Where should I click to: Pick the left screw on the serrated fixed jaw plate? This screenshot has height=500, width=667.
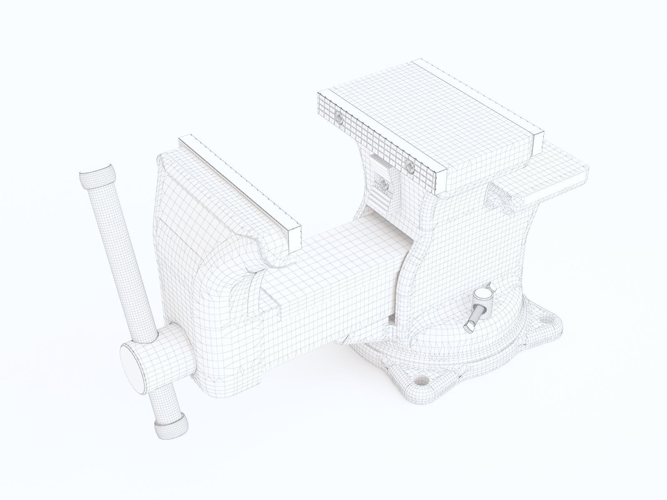point(339,117)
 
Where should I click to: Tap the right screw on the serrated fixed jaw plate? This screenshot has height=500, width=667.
point(409,166)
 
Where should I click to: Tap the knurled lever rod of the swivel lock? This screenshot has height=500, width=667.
point(475,317)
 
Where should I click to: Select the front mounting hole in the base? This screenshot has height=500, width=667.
point(421,380)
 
